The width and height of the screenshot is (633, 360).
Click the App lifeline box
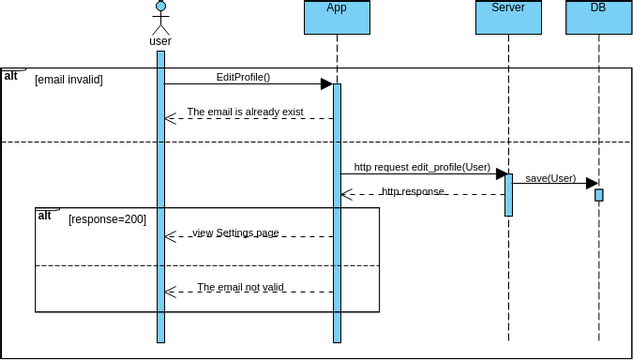pos(337,17)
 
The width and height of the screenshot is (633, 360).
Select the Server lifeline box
pos(508,17)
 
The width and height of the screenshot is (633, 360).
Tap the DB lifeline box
pos(598,17)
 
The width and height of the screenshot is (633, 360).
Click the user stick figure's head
pos(160,8)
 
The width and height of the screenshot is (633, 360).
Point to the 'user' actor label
pos(160,42)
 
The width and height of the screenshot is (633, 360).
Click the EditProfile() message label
pos(243,77)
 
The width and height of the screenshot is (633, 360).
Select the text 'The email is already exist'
pos(245,112)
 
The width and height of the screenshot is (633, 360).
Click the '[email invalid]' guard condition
pos(68,79)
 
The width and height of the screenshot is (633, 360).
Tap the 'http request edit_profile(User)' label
pos(422,168)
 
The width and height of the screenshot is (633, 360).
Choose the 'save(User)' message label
pos(550,178)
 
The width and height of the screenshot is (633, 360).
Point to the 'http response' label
pos(412,191)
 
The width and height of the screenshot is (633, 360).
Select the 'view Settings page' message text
pos(235,233)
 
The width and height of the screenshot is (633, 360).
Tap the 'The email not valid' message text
pos(240,287)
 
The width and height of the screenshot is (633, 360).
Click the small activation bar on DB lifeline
pos(599,195)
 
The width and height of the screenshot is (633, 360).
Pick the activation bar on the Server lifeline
pos(508,195)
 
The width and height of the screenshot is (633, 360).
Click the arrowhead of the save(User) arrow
pos(591,184)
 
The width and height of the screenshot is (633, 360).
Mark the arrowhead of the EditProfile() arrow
pos(326,84)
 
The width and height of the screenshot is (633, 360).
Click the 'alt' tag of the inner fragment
pos(45,215)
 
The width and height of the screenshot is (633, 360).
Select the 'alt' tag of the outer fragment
pos(11,75)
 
